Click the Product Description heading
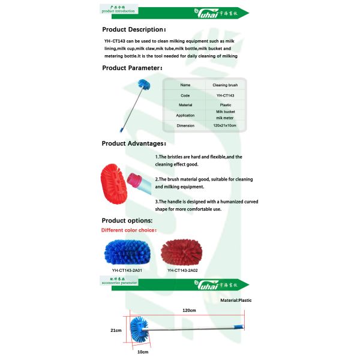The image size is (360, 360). point(133,29)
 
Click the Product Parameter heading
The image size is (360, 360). point(131,68)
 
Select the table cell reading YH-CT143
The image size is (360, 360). point(225,95)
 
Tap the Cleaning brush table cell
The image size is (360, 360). point(225,85)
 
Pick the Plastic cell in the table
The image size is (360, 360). point(225,105)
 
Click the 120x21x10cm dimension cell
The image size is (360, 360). point(225,125)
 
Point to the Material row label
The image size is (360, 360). point(185,105)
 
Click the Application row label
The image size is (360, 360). point(185,115)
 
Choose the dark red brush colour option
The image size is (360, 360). point(182,253)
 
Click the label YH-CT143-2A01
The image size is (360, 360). point(127,270)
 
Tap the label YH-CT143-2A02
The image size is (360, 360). point(182,270)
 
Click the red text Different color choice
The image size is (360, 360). point(129,230)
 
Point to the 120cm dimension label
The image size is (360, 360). point(190,310)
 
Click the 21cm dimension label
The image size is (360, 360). point(116,330)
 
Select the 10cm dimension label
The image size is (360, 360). point(143,352)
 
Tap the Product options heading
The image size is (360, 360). point(127,220)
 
